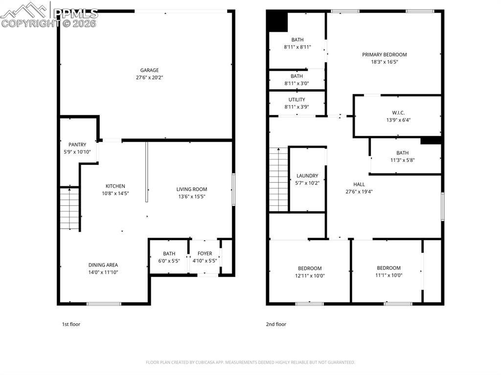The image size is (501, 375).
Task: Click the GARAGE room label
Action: pos(149,70)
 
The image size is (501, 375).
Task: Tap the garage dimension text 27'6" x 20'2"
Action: pos(149,77)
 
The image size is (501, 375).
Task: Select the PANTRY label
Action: pos(77,145)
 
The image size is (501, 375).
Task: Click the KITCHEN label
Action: pos(115,186)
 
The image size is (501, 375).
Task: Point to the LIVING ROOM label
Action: pos(192,189)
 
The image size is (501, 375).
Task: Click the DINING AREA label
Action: pos(103,265)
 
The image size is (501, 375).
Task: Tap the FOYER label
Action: pos(205,254)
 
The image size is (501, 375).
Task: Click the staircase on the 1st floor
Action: pos(69,208)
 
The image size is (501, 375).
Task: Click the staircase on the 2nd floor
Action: pos(278,179)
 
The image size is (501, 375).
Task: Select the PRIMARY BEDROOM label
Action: pos(384,55)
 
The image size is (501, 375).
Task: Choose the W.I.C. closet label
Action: pos(399,113)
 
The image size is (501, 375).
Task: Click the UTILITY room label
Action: pos(296,100)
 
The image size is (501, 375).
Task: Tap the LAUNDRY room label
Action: pos(307,176)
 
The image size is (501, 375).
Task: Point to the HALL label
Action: pos(359,184)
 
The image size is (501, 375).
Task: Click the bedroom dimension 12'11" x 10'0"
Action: pos(310,276)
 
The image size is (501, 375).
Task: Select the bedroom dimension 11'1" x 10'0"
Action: pos(388,275)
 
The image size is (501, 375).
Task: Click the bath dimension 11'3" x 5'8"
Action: pos(402,160)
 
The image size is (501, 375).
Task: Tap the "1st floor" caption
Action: pos(71,324)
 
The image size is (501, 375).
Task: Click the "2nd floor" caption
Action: pos(276,324)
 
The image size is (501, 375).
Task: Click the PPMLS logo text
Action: pos(76,13)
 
